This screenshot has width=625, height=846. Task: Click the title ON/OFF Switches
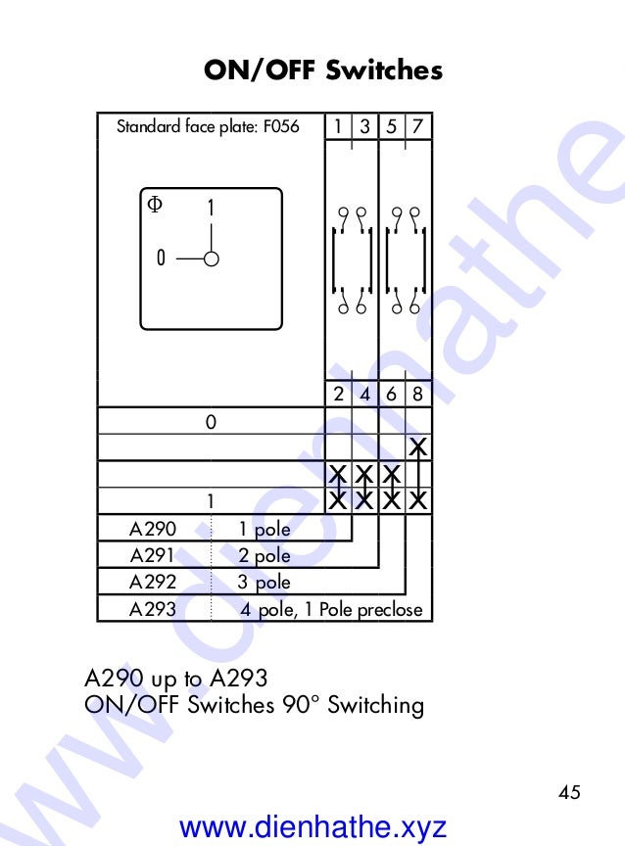point(323,70)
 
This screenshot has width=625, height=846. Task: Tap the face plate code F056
point(281,127)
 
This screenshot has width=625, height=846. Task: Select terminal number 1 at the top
point(338,126)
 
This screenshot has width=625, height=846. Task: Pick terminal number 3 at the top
point(364,126)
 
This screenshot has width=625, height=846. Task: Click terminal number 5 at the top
point(392,126)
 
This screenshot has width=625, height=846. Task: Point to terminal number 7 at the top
point(418,126)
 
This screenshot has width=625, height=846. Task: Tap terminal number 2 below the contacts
point(338,395)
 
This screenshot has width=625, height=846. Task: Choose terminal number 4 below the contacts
point(364,395)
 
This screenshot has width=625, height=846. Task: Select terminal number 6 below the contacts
point(392,395)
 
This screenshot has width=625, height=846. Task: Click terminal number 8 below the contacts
point(418,395)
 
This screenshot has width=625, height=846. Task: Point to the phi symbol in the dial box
point(155,204)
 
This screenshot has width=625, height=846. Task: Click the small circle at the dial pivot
point(212,258)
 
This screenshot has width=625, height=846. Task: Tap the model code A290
point(153,530)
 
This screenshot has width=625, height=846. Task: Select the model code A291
point(153,556)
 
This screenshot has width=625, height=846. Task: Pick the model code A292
point(153,583)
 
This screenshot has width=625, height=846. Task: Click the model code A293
point(153,609)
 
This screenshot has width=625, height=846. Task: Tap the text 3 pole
point(264,583)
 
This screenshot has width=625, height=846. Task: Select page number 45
point(569,792)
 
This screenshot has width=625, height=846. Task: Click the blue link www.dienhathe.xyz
point(313,827)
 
